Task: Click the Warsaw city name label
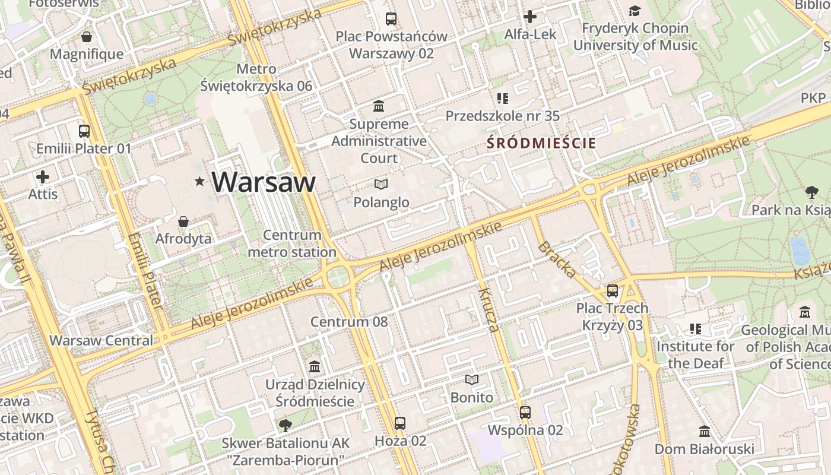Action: pyautogui.click(x=264, y=182)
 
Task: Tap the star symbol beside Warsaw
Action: pyautogui.click(x=199, y=182)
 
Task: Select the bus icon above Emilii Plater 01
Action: pyautogui.click(x=84, y=131)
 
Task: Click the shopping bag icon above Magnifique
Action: pyautogui.click(x=87, y=37)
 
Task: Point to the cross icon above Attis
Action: pyautogui.click(x=43, y=177)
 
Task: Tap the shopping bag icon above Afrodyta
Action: pyautogui.click(x=183, y=221)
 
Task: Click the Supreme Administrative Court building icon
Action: pyautogui.click(x=379, y=106)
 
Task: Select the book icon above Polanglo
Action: pyautogui.click(x=381, y=185)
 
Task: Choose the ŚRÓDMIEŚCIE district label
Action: pyautogui.click(x=541, y=143)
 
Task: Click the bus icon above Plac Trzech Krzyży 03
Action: pyautogui.click(x=613, y=291)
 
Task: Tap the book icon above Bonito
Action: pyautogui.click(x=472, y=379)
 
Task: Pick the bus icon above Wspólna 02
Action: pyautogui.click(x=525, y=412)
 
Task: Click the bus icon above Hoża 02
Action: pyautogui.click(x=400, y=423)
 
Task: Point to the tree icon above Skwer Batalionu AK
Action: pyautogui.click(x=286, y=425)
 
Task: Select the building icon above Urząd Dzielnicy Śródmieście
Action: pyautogui.click(x=315, y=366)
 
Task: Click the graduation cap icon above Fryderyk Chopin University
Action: pyautogui.click(x=635, y=11)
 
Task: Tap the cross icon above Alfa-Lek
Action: pyautogui.click(x=530, y=17)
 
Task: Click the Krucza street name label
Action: pyautogui.click(x=488, y=309)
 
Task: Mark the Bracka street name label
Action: pyautogui.click(x=557, y=259)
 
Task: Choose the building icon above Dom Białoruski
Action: pyautogui.click(x=705, y=431)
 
